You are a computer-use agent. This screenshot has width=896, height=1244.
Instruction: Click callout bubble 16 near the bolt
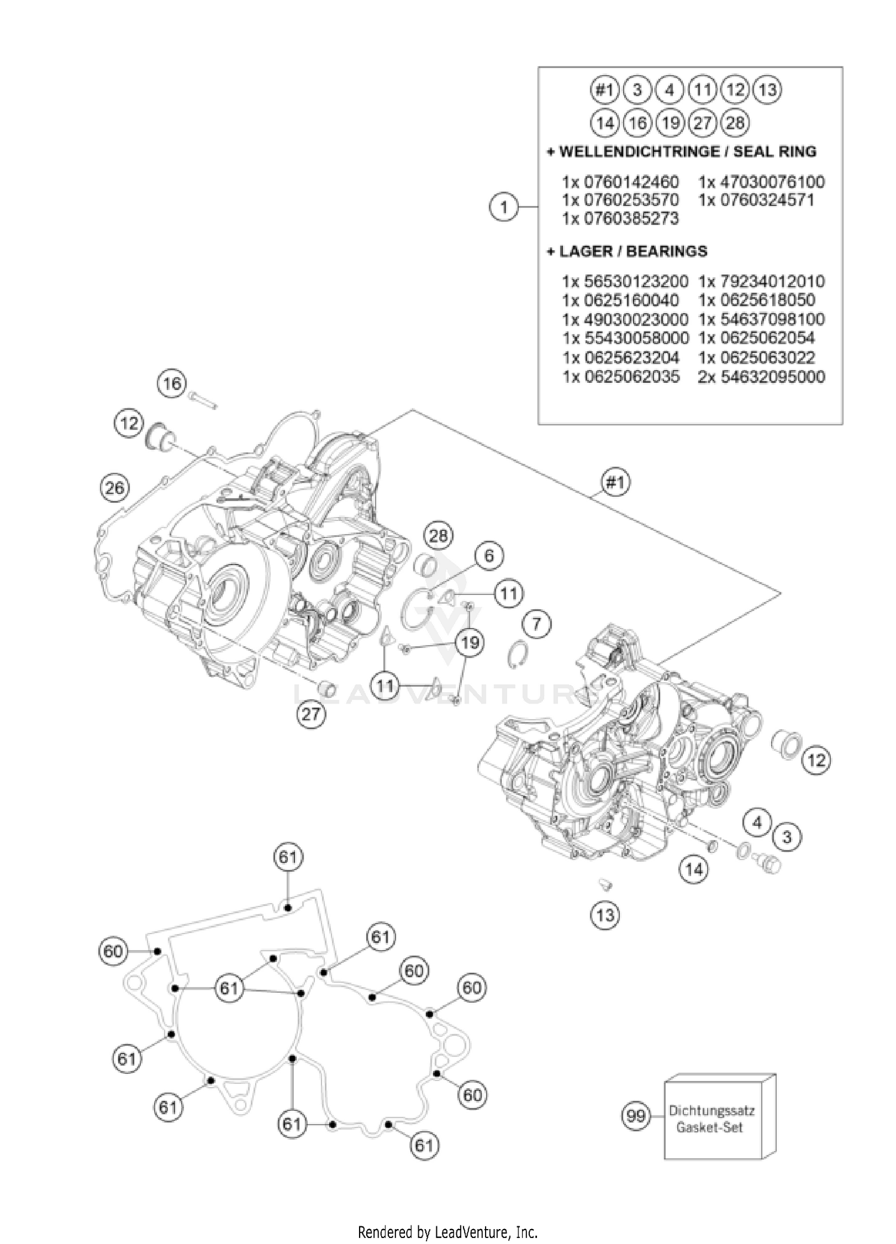tap(172, 383)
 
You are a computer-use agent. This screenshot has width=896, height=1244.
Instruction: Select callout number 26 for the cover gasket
tap(115, 488)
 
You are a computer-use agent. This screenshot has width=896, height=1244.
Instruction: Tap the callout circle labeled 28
tap(438, 536)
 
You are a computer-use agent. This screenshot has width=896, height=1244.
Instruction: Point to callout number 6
tap(489, 556)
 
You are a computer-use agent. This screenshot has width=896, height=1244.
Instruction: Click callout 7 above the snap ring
tap(536, 625)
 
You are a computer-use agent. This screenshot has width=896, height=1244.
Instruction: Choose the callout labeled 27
tap(311, 712)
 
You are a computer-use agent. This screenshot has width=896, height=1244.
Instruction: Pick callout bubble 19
tap(470, 643)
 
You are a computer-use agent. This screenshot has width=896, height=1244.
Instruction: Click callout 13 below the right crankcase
tap(605, 914)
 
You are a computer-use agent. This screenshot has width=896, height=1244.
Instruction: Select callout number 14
tap(694, 869)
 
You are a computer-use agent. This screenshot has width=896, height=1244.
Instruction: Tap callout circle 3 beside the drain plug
tap(787, 837)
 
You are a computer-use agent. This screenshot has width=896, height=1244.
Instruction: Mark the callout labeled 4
tap(757, 823)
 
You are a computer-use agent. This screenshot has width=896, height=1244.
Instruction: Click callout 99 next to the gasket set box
tap(636, 1115)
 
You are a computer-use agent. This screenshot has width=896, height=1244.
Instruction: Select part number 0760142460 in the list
tap(620, 182)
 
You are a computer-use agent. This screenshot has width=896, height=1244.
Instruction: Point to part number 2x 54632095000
tap(761, 377)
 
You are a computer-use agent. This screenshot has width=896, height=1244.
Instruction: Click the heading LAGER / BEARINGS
tap(627, 251)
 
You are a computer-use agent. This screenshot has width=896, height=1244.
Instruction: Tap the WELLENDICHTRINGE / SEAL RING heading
tap(682, 152)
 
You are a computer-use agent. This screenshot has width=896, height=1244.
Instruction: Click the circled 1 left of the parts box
tap(504, 208)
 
